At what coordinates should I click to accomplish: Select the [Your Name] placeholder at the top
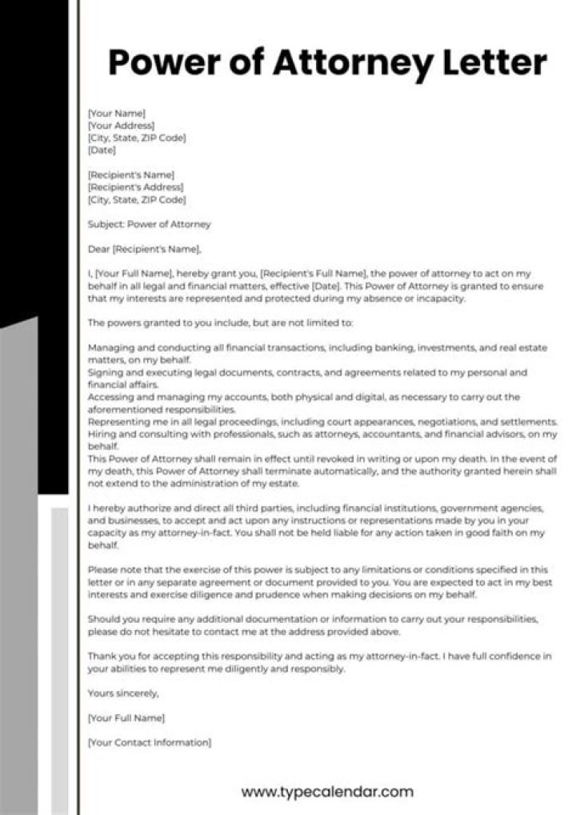116,114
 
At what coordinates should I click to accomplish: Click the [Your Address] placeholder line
121,126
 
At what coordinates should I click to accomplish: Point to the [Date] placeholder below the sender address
102,150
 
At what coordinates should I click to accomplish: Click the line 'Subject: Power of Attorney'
149,224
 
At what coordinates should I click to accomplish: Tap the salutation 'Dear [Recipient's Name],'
144,249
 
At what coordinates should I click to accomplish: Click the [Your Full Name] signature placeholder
126,717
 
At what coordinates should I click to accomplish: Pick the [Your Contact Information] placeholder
150,742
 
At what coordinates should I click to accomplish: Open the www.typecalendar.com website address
327,793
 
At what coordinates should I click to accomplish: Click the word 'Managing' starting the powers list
109,348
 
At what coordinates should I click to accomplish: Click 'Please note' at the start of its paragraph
114,570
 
